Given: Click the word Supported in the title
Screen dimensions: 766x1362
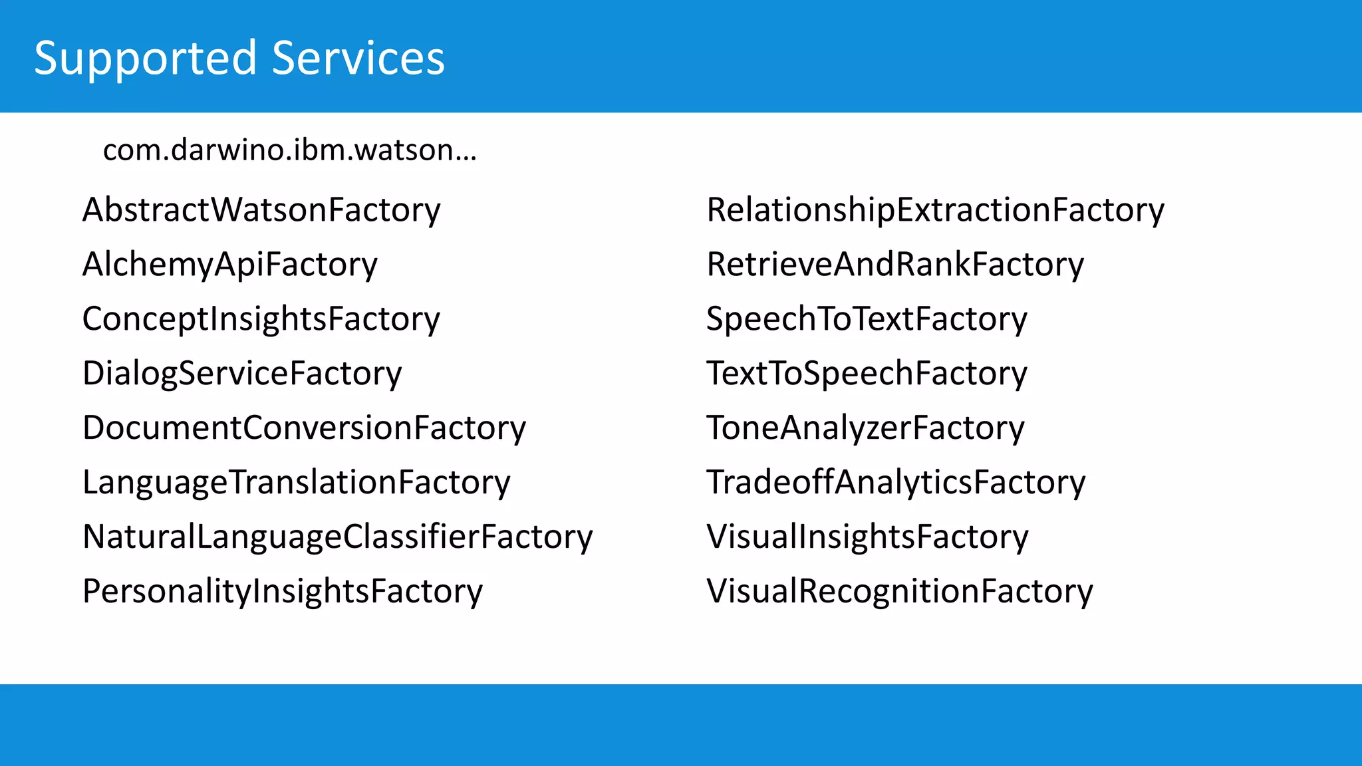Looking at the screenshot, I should pos(145,59).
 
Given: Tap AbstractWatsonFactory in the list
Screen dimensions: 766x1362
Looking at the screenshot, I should pos(261,210).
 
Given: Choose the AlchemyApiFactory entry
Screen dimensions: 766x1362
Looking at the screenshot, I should pos(229,265).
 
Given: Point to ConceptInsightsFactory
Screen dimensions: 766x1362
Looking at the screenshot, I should pos(261,319).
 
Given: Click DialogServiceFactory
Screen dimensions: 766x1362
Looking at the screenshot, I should pos(242,374).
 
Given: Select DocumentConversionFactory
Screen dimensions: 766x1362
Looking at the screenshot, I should pos(304,428).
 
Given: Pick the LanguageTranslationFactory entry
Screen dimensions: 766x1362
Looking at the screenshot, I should pos(296,483).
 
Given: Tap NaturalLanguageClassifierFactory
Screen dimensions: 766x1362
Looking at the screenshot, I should pos(337,537).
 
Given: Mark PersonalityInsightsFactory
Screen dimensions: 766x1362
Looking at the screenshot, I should pos(283,592).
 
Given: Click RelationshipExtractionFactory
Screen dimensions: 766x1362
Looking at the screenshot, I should pos(935,210).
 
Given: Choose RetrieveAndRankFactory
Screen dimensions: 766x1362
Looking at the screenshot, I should pos(894,265).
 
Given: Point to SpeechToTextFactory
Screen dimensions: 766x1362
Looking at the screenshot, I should pos(867,319).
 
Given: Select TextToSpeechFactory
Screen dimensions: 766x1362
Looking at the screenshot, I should pos(867,374).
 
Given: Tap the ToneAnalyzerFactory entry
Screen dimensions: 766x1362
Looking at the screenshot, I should pos(865,428).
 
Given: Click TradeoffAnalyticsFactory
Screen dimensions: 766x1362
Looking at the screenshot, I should pos(896,483).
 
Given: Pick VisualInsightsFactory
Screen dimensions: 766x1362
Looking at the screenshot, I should pos(867,537).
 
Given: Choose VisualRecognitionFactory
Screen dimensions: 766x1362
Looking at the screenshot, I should pos(899,592).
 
